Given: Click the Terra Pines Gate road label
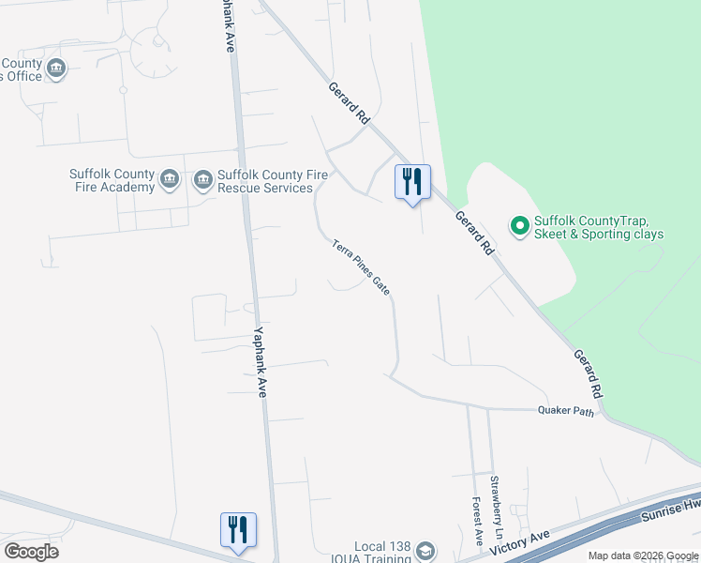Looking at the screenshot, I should pos(361,268).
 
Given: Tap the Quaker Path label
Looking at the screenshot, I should pos(566,411).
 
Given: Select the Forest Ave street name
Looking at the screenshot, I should pos(478,521).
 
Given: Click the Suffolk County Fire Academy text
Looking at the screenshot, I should pos(112,180).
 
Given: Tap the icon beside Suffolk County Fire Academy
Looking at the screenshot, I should pos(170,180).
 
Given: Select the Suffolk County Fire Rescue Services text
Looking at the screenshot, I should pos(265,181).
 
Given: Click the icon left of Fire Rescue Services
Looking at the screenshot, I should pos(203,180).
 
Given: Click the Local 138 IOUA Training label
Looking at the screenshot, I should pos(383,553).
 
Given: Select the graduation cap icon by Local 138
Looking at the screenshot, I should pos(426,550).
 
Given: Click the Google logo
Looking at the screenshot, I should pos(31,552).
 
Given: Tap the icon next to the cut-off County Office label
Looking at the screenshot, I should pos(56,68).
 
